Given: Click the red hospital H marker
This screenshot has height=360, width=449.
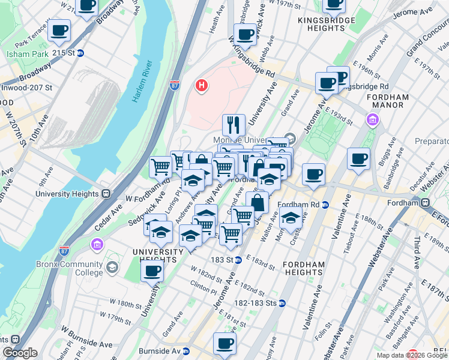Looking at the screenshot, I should click(x=202, y=86).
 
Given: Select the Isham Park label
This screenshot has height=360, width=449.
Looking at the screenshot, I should click(x=23, y=54).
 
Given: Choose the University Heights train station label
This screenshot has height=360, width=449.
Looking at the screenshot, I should click(x=71, y=194).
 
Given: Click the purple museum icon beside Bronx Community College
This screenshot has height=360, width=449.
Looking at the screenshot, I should click(x=97, y=245).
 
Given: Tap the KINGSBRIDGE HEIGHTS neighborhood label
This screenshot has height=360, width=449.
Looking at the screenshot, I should click(x=327, y=20).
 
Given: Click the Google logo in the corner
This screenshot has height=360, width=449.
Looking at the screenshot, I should click(x=20, y=352).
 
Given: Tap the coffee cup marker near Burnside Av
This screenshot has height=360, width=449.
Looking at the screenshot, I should click(x=224, y=344).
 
